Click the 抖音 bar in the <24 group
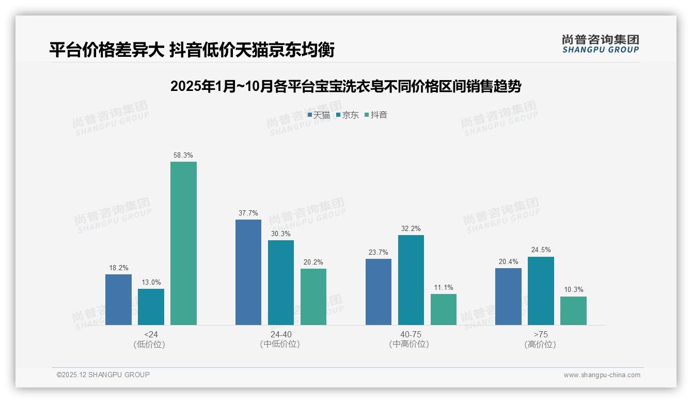point(183,243)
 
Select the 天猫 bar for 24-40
point(248,272)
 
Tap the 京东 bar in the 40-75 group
point(411,280)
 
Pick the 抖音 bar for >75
point(573,311)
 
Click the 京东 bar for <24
point(151,307)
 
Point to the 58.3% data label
point(183,155)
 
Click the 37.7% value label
point(248,213)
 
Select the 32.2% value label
point(411,228)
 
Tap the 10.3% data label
point(573,290)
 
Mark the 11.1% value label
point(444,287)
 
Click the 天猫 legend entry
point(319,115)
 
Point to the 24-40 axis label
point(281,334)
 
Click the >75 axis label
point(541,334)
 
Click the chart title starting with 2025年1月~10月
point(345,86)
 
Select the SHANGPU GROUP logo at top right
point(600,44)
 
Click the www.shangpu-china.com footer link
point(602,375)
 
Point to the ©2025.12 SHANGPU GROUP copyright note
point(103,375)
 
